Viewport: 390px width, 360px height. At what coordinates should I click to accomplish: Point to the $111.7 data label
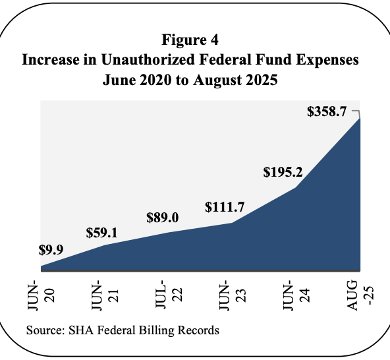225,207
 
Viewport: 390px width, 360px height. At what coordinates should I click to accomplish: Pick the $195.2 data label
283,172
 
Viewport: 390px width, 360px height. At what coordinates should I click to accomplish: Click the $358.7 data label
327,111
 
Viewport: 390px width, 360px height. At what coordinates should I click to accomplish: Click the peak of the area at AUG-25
360,118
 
